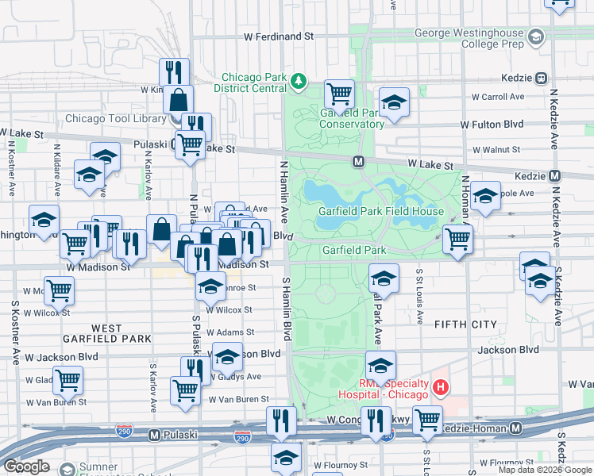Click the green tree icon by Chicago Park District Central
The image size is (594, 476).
pos(299,81)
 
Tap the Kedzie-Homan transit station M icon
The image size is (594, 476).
pos(516,428)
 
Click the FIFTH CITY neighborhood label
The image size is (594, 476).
pos(465,324)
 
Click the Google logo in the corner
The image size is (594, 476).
pos(26,466)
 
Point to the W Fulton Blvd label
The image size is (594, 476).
pos(492,125)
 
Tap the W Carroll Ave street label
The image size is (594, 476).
pos(498,97)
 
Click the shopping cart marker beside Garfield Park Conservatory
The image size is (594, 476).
pos(339,94)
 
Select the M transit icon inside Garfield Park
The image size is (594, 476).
pos(358,162)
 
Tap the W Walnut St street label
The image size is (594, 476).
pos(496,149)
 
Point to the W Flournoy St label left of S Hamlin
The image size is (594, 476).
pos(341,465)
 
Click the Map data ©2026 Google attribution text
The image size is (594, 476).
pos(545,470)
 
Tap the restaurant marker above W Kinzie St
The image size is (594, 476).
pos(173,72)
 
